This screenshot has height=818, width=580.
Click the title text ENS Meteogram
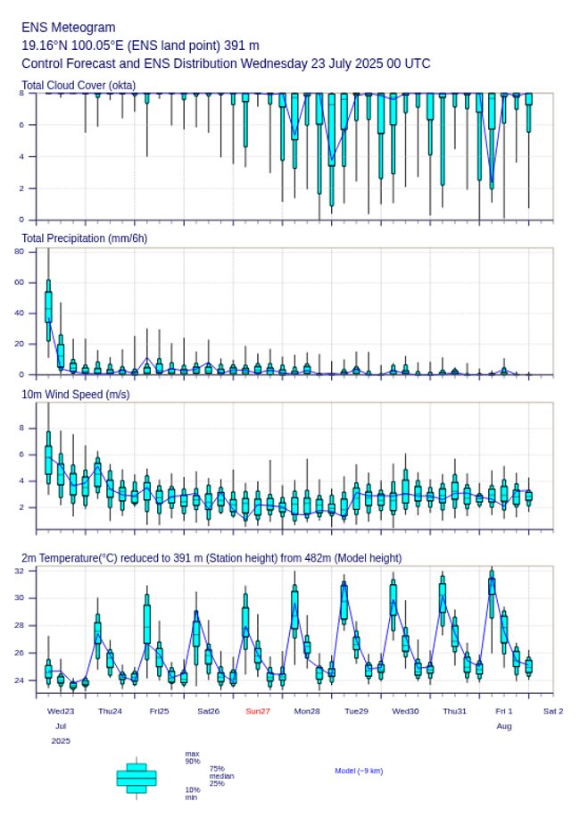click(x=68, y=28)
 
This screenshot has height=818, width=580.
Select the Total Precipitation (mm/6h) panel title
click(x=85, y=238)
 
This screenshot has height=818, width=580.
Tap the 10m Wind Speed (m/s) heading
click(x=75, y=394)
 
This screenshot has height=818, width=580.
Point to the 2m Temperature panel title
click(x=211, y=558)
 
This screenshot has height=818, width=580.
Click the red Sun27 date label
click(x=258, y=711)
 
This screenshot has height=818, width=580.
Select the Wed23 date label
click(x=61, y=711)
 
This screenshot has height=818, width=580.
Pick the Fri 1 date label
click(x=504, y=711)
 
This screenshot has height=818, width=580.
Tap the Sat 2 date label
click(x=553, y=711)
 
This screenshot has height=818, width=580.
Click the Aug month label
click(x=504, y=726)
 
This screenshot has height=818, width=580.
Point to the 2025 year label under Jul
click(x=61, y=740)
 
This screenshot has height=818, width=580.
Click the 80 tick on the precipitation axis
click(x=19, y=252)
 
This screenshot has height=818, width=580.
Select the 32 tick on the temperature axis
click(x=19, y=570)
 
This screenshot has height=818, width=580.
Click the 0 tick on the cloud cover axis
click(x=21, y=220)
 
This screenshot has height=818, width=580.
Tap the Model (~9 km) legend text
click(x=359, y=771)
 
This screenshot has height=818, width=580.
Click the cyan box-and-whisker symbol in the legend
click(x=137, y=778)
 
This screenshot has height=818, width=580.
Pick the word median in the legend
click(x=221, y=776)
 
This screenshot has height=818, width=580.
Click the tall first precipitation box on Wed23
click(x=48, y=307)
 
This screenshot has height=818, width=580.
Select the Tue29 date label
click(x=356, y=711)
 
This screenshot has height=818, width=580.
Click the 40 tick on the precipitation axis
click(x=19, y=313)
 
